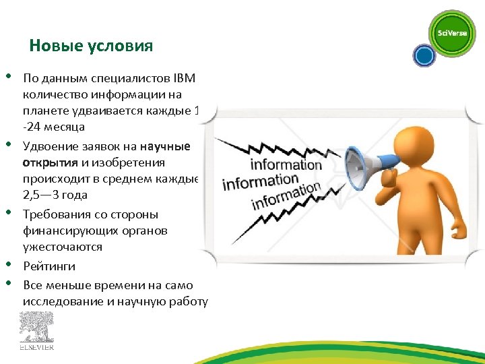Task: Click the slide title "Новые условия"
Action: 91,46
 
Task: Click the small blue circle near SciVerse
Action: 424,56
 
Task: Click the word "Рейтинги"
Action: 49,266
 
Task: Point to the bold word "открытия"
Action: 51,162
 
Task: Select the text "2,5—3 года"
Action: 55,195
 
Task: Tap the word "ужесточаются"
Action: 63,247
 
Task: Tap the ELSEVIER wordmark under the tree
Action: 36,348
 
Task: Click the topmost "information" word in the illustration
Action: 286,164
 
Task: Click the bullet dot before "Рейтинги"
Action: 11,265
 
